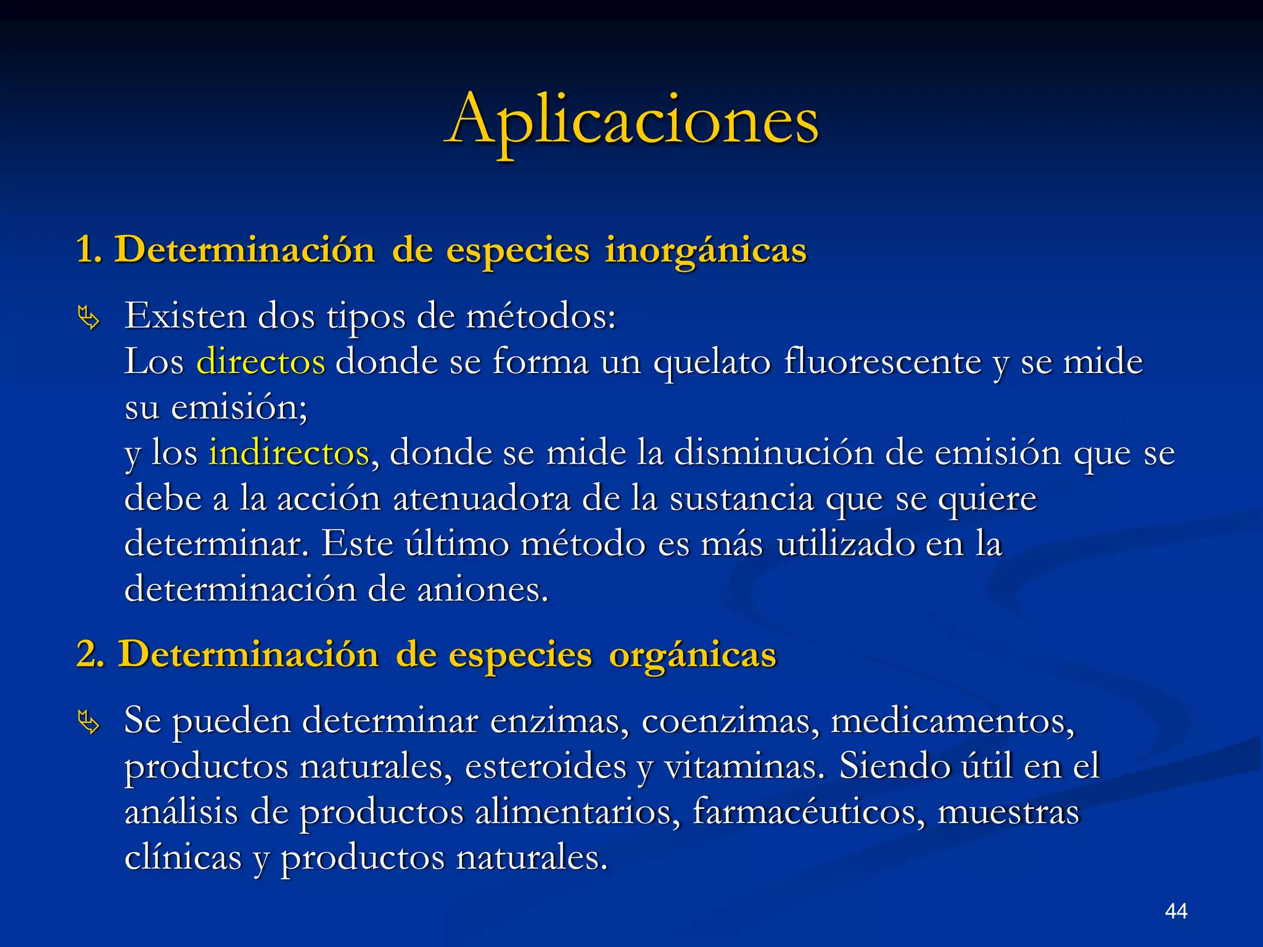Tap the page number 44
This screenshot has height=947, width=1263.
(x=1176, y=911)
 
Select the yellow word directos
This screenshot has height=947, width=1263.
(x=260, y=361)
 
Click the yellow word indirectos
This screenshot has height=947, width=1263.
(x=289, y=453)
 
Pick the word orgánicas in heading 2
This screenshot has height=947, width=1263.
(x=693, y=654)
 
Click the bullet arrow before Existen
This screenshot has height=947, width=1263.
(x=88, y=319)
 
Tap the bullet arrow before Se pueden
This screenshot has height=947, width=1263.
(x=88, y=723)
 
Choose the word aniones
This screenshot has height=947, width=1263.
(x=482, y=589)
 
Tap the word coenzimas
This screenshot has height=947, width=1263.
(x=731, y=720)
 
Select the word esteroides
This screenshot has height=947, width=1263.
(x=545, y=766)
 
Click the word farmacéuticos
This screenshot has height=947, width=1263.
(x=808, y=812)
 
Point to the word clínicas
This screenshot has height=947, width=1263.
(x=183, y=858)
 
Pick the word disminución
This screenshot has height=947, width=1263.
(x=774, y=453)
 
